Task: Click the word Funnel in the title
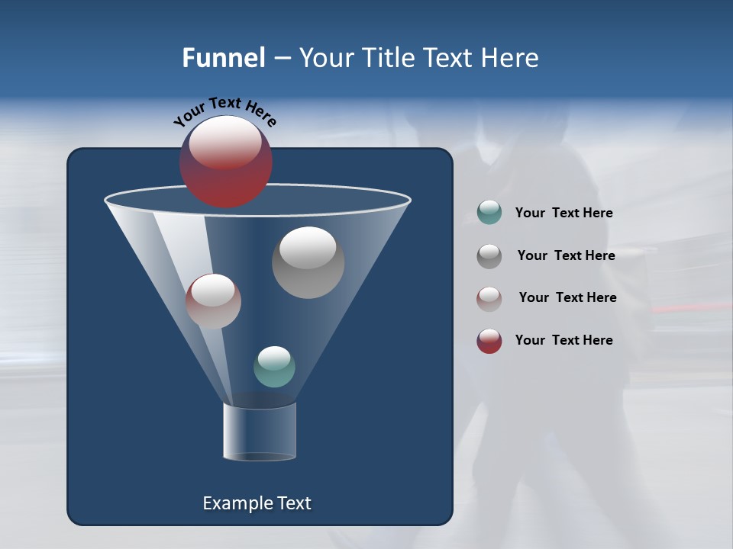pos(223,58)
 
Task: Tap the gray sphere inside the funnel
pos(308,263)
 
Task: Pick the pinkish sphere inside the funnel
pos(213,302)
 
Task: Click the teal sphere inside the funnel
pos(274,367)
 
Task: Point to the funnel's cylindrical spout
pos(260,432)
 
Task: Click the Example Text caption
pos(257,503)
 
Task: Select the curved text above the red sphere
pos(224,110)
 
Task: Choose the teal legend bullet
pos(489,212)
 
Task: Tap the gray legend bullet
pos(489,256)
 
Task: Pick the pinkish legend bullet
pos(489,299)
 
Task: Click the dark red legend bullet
pos(489,341)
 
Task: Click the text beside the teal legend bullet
pos(563,213)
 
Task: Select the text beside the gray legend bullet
pos(566,255)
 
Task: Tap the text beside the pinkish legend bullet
pos(567,297)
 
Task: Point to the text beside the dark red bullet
pos(563,340)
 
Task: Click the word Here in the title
pos(509,58)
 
